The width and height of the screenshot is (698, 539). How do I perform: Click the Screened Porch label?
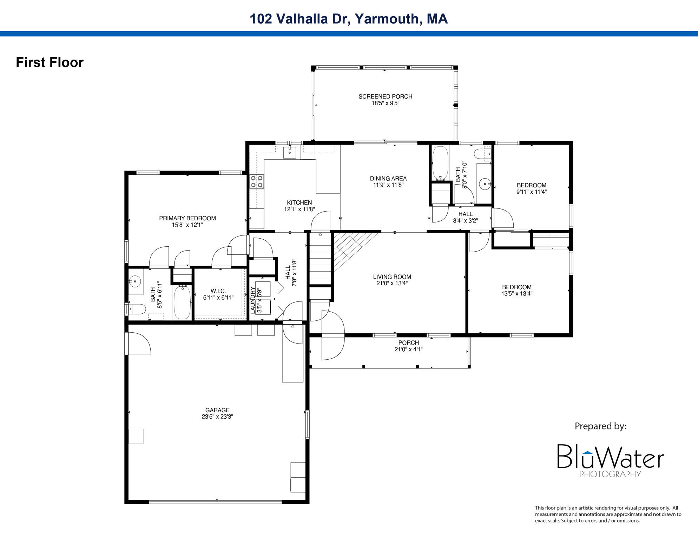click(x=385, y=97)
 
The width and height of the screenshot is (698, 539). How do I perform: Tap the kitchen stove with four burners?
click(x=257, y=181)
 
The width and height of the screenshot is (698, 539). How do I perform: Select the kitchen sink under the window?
click(x=290, y=153)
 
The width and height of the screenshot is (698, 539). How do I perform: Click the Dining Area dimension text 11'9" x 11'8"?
click(x=388, y=185)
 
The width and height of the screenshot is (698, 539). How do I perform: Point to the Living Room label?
click(x=392, y=277)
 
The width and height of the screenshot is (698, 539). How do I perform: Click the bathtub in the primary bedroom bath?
click(x=182, y=302)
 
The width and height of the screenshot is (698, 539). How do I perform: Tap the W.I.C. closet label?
click(x=218, y=291)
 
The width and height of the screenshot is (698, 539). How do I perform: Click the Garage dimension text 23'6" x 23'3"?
click(x=217, y=417)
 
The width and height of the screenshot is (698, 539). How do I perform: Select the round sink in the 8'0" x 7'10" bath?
click(x=485, y=184)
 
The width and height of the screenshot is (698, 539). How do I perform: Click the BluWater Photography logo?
click(x=610, y=460)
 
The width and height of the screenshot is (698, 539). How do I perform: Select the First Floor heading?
click(x=50, y=62)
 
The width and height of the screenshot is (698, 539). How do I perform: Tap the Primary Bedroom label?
click(x=187, y=218)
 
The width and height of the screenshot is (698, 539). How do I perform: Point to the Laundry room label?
click(x=253, y=300)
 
